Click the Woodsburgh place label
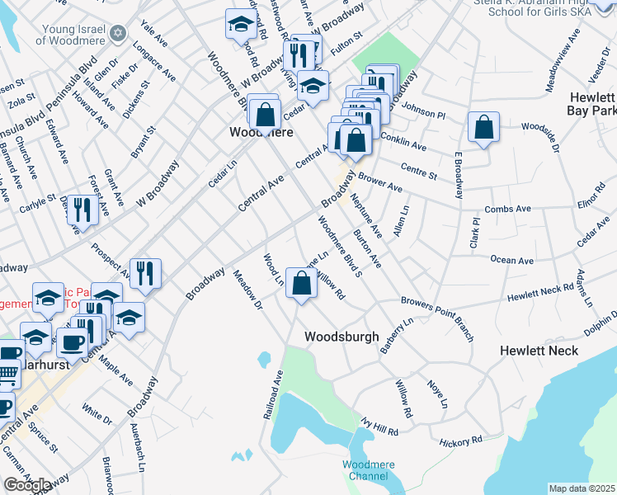tap(341, 337)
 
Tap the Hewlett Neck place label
tap(539, 351)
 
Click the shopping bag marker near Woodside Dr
tap(484, 128)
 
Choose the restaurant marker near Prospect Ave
tap(145, 274)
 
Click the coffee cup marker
tap(72, 342)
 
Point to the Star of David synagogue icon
tap(117, 33)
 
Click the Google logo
tap(27, 485)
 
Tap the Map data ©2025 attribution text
tap(582, 488)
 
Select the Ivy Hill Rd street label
tap(379, 425)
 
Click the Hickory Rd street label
tap(460, 443)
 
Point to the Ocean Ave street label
tap(511, 260)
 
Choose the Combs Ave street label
tap(506, 211)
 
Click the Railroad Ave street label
tap(273, 394)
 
